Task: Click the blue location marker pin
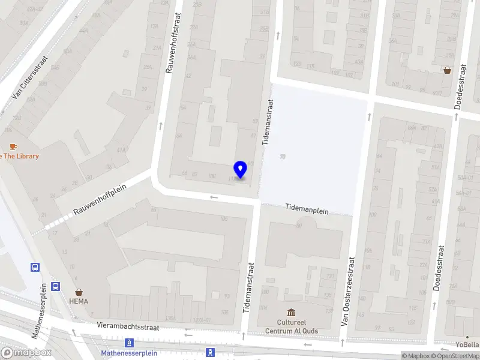241,170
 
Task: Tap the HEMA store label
79,301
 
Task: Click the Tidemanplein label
306,208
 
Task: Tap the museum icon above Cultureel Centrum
292,313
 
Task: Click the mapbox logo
26,352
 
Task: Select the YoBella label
467,345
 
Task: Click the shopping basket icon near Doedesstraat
448,70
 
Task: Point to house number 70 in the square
282,157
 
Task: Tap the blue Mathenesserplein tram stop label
129,353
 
